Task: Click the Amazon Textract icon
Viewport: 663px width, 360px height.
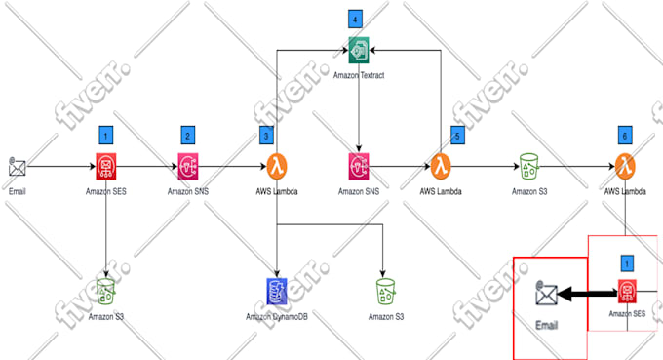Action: coord(360,48)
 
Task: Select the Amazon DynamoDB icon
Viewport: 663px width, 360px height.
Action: coord(277,290)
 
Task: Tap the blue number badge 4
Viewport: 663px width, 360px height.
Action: coord(356,19)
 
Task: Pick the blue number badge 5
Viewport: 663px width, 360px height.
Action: coord(457,136)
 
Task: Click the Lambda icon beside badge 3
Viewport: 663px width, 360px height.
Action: coord(277,166)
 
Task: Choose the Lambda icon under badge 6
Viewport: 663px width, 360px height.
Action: coord(625,165)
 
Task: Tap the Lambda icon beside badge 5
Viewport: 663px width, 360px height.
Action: coord(442,166)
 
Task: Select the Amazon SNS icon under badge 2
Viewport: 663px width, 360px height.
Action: coord(188,166)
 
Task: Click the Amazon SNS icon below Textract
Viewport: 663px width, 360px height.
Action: coord(360,166)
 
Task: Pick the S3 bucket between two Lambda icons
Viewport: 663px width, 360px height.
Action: coord(529,166)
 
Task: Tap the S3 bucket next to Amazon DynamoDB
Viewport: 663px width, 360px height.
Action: coord(387,291)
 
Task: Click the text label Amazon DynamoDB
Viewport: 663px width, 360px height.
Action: coord(277,317)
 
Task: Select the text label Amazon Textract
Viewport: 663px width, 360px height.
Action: coord(360,74)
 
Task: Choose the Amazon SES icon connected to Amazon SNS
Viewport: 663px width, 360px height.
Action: coord(106,166)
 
